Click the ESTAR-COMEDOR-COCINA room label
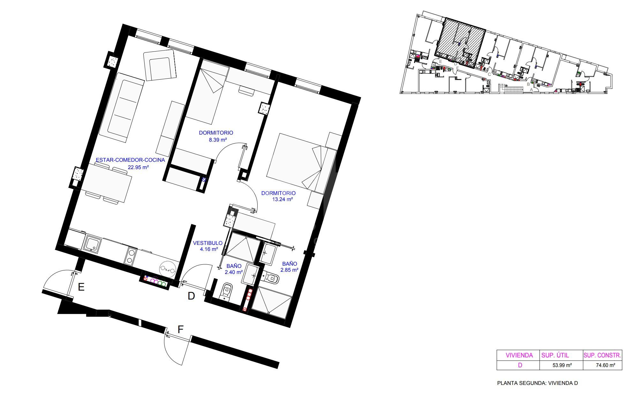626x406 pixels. point(130,160)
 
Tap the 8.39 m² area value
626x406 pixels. point(217,140)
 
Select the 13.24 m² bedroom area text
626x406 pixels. point(283,199)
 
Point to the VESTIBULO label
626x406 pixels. point(207,243)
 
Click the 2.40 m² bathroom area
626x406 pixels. point(234,272)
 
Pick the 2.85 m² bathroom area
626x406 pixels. point(289,270)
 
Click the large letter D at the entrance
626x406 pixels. point(191,296)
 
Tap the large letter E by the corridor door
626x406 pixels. point(81,287)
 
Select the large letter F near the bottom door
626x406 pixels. point(180,330)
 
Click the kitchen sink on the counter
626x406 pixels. point(92,244)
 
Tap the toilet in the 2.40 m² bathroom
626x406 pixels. point(226,291)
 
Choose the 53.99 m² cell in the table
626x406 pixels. point(562,365)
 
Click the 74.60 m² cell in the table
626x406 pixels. point(605,365)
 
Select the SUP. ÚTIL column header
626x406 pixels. point(555,355)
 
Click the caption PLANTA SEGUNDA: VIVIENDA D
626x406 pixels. point(537,383)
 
